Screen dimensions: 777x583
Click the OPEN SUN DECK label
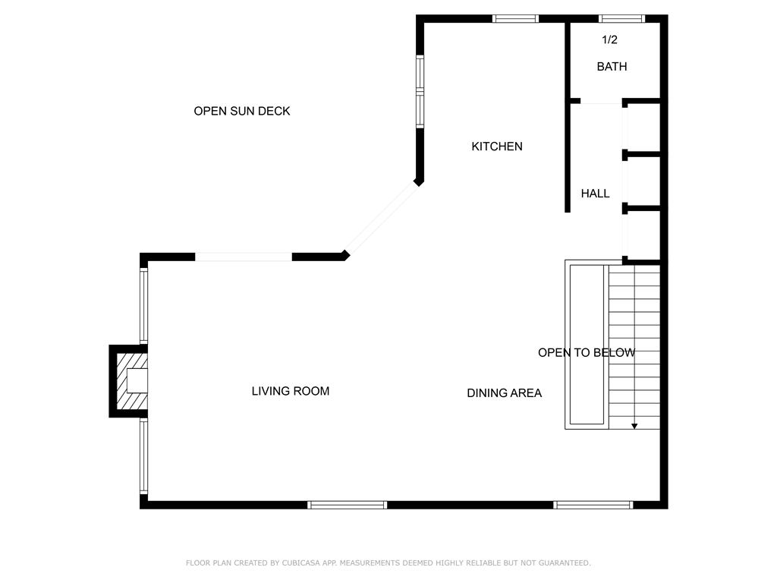click(x=242, y=111)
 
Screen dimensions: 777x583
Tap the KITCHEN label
click(x=497, y=147)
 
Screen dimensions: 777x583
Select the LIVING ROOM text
click(x=291, y=391)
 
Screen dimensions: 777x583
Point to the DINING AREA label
click(x=505, y=393)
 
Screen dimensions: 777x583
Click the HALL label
click(x=595, y=194)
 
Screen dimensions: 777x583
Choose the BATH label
click(x=612, y=67)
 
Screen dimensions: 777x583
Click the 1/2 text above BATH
click(x=609, y=39)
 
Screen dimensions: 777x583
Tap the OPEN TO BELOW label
click(x=587, y=352)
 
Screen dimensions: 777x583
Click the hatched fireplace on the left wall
click(x=128, y=381)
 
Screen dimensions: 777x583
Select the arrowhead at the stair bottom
click(x=634, y=427)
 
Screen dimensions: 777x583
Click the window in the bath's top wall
click(x=622, y=19)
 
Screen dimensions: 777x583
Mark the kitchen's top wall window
click(x=515, y=19)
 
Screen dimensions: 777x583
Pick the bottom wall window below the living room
click(x=347, y=505)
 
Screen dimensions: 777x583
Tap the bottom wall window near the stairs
click(x=593, y=505)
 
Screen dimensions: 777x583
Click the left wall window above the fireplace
click(x=143, y=306)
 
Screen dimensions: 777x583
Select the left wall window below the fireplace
click(x=143, y=456)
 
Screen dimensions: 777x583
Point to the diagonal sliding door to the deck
click(x=381, y=219)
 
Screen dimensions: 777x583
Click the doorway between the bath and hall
click(x=601, y=102)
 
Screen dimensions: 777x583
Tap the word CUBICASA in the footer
click(x=300, y=563)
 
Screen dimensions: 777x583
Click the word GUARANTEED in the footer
click(x=565, y=563)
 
